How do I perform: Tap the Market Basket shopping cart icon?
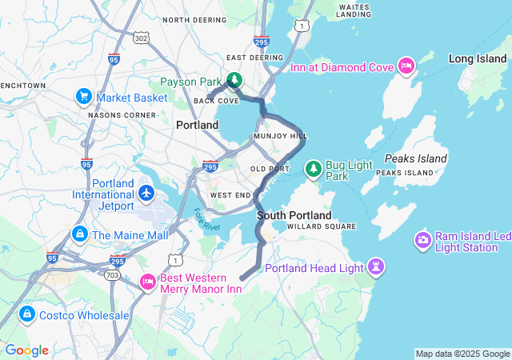(84, 98)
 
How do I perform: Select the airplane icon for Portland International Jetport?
(146, 193)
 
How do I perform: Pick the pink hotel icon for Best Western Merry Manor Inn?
(147, 282)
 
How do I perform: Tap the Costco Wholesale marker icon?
(27, 315)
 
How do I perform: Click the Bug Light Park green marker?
(313, 169)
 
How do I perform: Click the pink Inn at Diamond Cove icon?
(406, 65)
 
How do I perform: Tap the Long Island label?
(478, 58)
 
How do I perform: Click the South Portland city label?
(294, 216)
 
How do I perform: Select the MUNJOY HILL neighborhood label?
(280, 137)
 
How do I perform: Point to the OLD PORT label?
(269, 169)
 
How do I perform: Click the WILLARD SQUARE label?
(322, 226)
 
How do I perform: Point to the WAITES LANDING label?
(354, 10)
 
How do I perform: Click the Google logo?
(26, 350)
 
